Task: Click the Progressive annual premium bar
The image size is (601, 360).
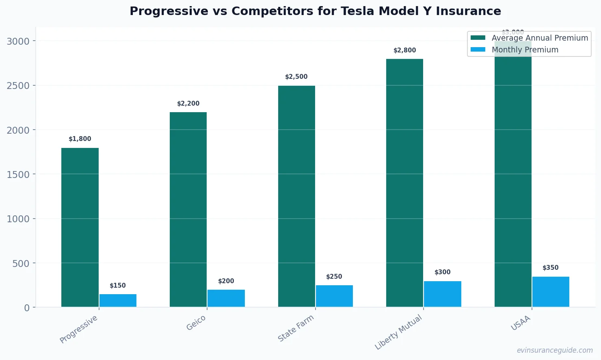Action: [x=80, y=228]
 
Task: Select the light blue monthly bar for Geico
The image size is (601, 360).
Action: [x=226, y=298]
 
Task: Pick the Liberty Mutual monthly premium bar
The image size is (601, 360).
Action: [x=443, y=294]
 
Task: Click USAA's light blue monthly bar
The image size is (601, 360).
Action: [x=551, y=292]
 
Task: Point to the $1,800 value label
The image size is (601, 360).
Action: [x=80, y=139]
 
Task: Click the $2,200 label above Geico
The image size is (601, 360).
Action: [x=188, y=104]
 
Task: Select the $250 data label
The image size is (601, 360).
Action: [x=334, y=277]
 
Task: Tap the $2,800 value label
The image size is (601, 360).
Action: [x=405, y=50]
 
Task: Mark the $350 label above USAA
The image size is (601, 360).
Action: [x=551, y=268]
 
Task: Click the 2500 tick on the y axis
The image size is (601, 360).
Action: [x=18, y=86]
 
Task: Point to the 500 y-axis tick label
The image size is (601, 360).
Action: [x=21, y=263]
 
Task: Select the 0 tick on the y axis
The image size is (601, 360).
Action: [x=27, y=308]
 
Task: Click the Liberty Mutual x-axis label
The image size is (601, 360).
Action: [x=398, y=332]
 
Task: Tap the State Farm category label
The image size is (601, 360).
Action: [x=296, y=328]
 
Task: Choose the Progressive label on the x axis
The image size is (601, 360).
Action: [x=79, y=329]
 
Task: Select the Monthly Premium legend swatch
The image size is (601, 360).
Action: [x=478, y=50]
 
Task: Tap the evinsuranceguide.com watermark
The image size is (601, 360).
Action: [x=555, y=350]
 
